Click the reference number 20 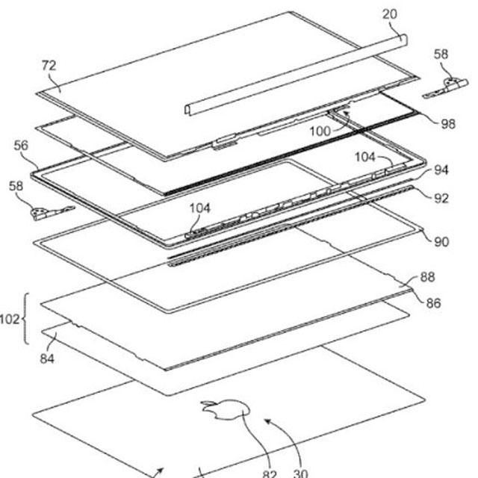click(x=390, y=14)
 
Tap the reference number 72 click(x=49, y=66)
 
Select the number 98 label click(x=448, y=124)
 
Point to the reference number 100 click(x=320, y=131)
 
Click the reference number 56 click(x=21, y=146)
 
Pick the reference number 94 click(x=441, y=170)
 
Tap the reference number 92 click(x=441, y=199)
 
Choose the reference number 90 click(x=441, y=242)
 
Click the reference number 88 click(x=427, y=277)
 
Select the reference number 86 click(x=433, y=303)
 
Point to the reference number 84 click(x=47, y=358)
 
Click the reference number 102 click(x=10, y=319)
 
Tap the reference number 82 click(x=270, y=474)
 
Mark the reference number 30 click(x=300, y=474)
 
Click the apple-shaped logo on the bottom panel click(x=225, y=410)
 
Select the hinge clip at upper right click(x=446, y=87)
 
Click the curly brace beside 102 click(x=25, y=319)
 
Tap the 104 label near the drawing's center click(x=200, y=208)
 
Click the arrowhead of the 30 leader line click(x=267, y=421)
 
